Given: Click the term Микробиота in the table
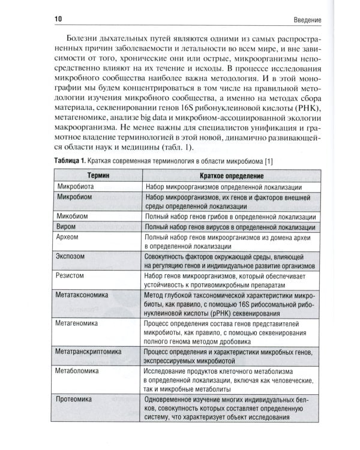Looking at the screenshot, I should click(x=74, y=187).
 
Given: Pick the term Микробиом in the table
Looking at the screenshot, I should click(x=73, y=197).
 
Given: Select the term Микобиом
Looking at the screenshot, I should click(x=72, y=217).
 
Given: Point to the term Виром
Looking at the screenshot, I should click(x=65, y=227).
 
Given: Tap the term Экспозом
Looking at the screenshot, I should click(x=70, y=257).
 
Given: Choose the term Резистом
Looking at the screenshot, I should click(x=70, y=277).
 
